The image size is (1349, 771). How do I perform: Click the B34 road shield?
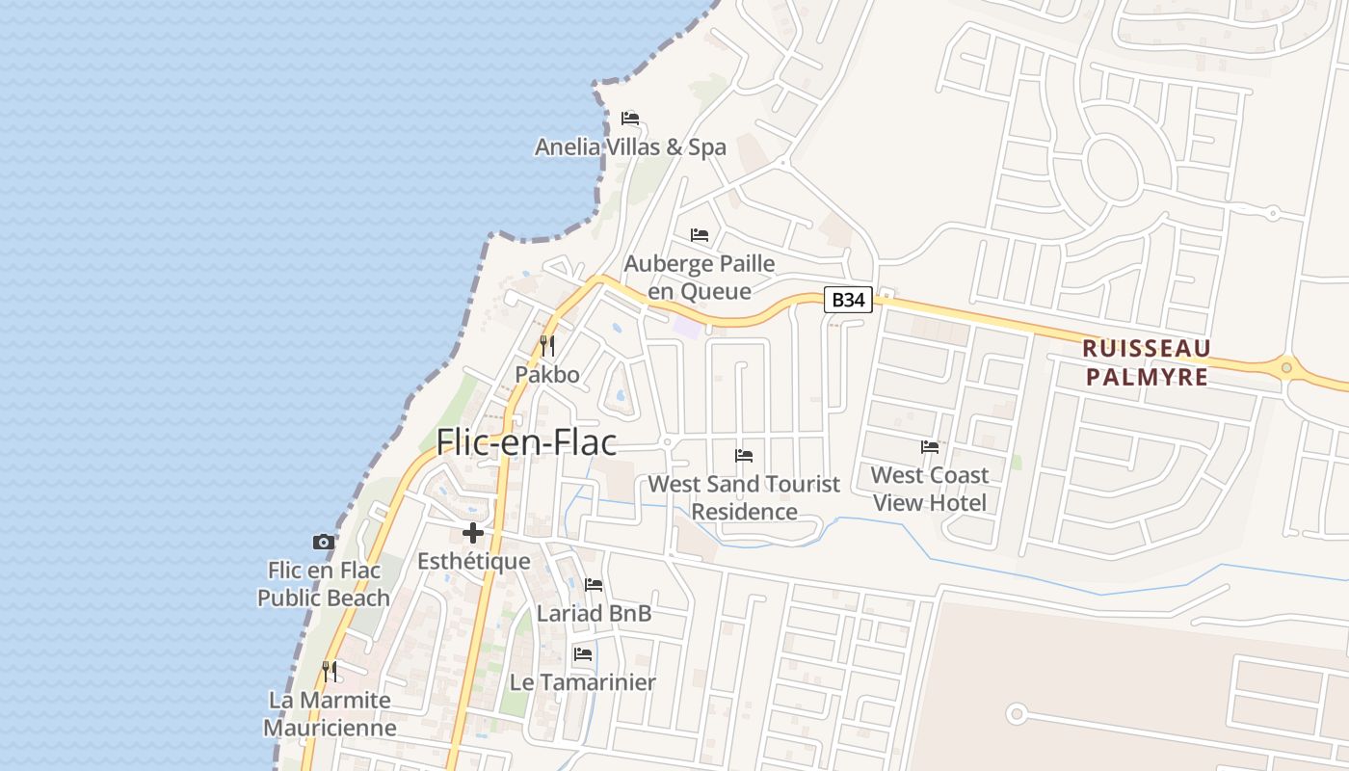848,300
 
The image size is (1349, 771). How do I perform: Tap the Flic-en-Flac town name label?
526,442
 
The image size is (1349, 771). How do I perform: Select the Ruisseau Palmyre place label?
1147,362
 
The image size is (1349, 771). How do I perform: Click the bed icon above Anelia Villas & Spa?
630,119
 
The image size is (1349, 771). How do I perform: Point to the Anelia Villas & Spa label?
630,147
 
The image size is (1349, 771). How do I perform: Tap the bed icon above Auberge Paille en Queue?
700,235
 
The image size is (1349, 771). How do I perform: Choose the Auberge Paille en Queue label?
700,277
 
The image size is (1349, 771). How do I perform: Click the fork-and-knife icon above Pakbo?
547,345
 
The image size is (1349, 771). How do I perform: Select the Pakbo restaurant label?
547,374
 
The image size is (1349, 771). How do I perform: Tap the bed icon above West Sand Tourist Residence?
744,455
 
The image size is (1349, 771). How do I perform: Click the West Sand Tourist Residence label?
744,497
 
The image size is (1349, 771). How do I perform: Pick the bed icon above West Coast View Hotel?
930,446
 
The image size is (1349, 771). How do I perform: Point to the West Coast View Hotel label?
930,489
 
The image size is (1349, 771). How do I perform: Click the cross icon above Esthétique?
473,533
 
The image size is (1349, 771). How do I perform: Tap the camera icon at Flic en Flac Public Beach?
324,542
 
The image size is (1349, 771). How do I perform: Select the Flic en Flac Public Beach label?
324,584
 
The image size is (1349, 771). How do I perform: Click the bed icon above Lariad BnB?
594,585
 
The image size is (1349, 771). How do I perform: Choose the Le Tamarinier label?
583,682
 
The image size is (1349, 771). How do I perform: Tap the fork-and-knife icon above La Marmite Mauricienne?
330,671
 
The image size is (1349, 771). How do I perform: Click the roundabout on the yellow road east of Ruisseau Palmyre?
1286,367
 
